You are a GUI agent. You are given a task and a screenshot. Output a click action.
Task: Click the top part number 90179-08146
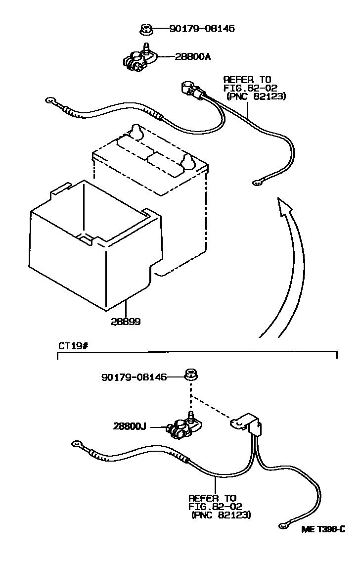click(202, 29)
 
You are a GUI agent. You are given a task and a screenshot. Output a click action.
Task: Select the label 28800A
click(192, 56)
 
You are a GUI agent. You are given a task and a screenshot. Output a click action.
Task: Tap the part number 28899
click(126, 322)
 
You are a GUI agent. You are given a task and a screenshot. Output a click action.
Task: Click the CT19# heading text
click(73, 346)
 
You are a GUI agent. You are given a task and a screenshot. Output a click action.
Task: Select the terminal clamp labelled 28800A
click(140, 58)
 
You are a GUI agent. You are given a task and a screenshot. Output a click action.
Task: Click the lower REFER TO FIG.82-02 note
click(220, 506)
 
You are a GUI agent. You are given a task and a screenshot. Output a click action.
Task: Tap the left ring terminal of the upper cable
click(50, 102)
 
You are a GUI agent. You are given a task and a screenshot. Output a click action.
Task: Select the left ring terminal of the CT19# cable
click(77, 444)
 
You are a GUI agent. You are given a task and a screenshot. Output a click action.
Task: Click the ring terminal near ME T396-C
click(283, 525)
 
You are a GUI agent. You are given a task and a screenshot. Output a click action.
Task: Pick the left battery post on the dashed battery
click(136, 131)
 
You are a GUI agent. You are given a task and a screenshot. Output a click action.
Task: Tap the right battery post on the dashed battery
click(188, 161)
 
